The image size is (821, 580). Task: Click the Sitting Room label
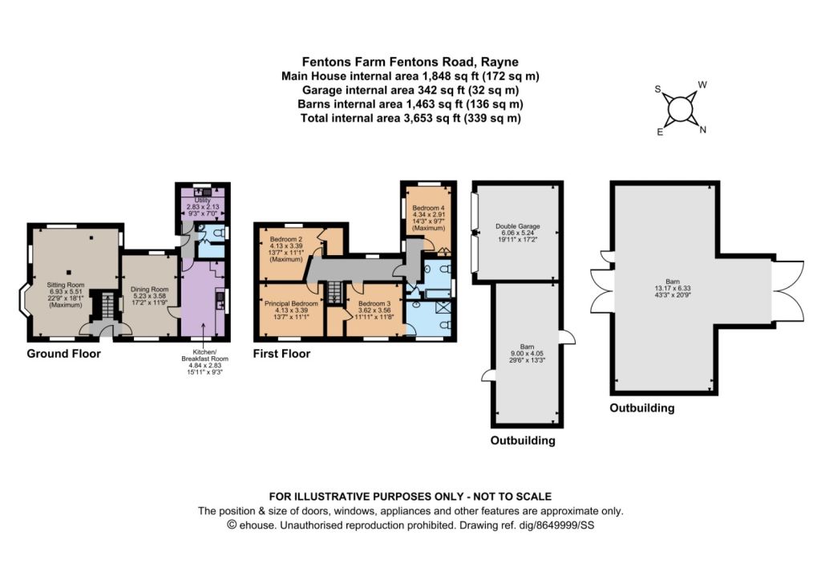pyautogui.click(x=66, y=285)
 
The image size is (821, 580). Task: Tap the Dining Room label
pyautogui.click(x=149, y=290)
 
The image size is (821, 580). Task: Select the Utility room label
pyautogui.click(x=203, y=200)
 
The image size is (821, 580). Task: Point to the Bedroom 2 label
pyautogui.click(x=286, y=239)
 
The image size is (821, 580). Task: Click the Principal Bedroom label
pyautogui.click(x=291, y=303)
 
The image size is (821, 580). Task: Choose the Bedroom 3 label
pyautogui.click(x=374, y=303)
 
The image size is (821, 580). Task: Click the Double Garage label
pyautogui.click(x=517, y=226)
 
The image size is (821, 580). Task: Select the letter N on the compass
pyautogui.click(x=702, y=129)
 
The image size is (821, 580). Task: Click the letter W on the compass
pyautogui.click(x=702, y=85)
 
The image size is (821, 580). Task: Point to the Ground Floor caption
pyautogui.click(x=64, y=354)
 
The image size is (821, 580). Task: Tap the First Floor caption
pyautogui.click(x=281, y=354)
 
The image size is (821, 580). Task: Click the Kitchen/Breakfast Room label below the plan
pyautogui.click(x=204, y=355)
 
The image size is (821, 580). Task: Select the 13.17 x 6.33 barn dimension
pyautogui.click(x=673, y=288)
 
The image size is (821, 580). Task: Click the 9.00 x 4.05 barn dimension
pyautogui.click(x=527, y=353)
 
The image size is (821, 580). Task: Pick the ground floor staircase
pyautogui.click(x=107, y=306)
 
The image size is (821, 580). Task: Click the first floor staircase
pyautogui.click(x=334, y=292)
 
